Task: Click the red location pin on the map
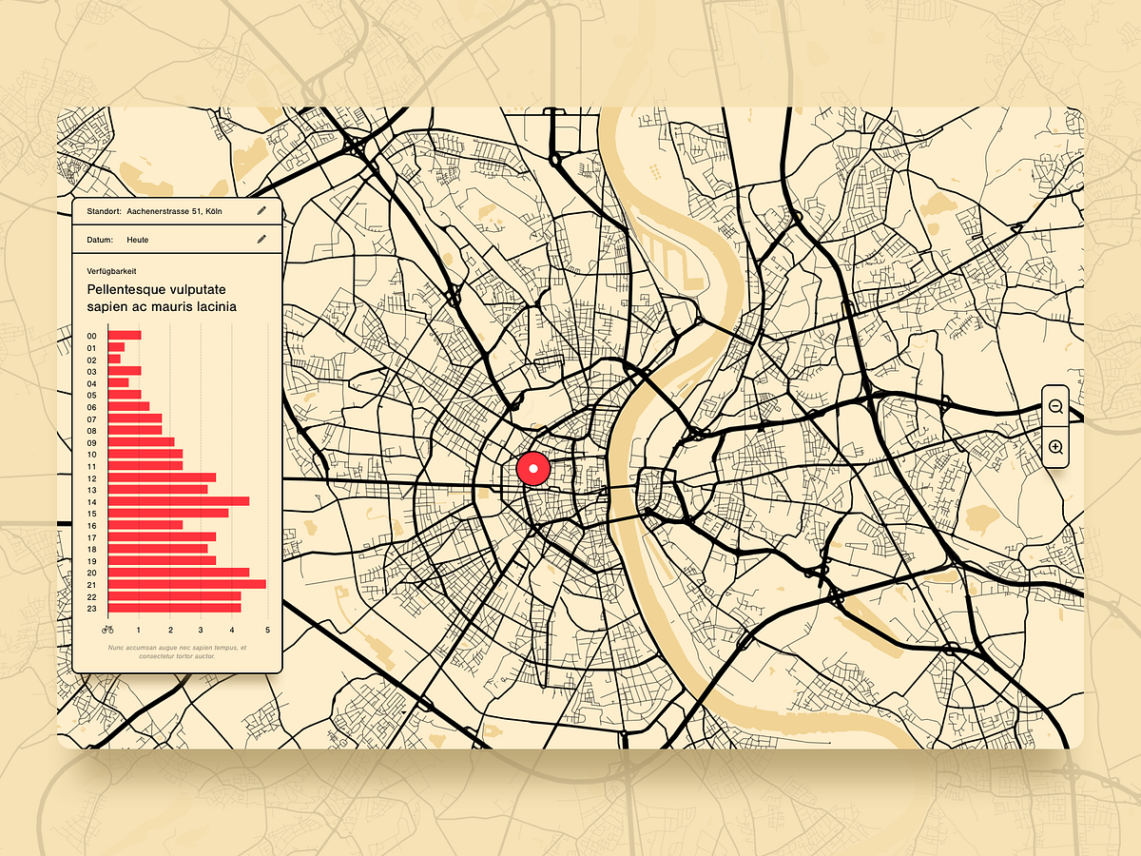tap(533, 469)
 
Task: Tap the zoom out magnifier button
tap(1055, 406)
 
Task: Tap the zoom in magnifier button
tap(1055, 447)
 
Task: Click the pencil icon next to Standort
tap(261, 210)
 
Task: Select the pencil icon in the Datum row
tap(261, 240)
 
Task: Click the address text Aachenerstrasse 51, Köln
tap(174, 210)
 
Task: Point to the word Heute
tap(138, 240)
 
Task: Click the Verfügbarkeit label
tap(111, 271)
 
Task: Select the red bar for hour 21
tap(187, 584)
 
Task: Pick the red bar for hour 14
tap(179, 501)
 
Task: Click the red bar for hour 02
tap(115, 360)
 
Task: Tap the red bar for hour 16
tap(145, 525)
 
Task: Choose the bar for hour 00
tap(125, 336)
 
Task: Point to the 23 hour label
tap(92, 608)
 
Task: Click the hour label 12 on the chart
tap(92, 477)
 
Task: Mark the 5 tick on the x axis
tap(268, 630)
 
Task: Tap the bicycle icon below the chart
tap(107, 629)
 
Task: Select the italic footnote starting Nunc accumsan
tap(177, 652)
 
